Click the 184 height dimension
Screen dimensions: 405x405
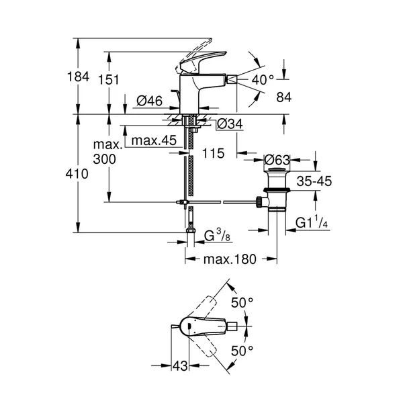[79, 77]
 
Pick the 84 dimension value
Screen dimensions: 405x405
[284, 97]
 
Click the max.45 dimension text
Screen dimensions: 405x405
[153, 140]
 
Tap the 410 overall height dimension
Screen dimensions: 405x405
[79, 174]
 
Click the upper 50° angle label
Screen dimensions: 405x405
[242, 303]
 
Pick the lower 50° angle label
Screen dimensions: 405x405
[242, 350]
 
